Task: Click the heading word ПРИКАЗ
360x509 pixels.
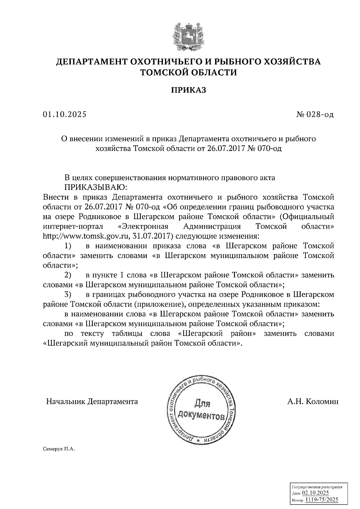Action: (189, 90)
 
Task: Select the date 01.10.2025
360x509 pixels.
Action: (64, 115)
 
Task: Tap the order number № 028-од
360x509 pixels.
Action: (315, 115)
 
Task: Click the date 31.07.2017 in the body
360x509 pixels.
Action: (152, 236)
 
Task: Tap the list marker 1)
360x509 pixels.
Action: (68, 246)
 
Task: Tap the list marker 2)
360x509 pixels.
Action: (68, 275)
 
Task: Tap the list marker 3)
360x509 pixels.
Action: (68, 294)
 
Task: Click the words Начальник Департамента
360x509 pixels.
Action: (92, 401)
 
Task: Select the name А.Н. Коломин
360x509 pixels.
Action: (313, 401)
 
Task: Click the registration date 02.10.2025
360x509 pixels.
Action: (315, 493)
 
